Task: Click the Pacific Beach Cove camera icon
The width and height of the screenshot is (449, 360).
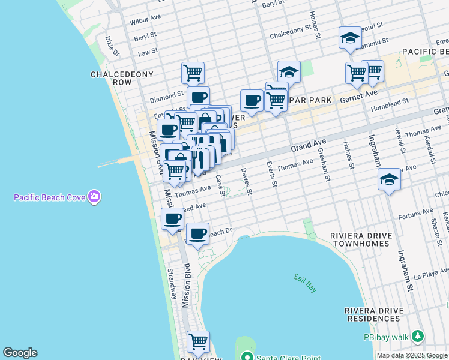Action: pyautogui.click(x=94, y=197)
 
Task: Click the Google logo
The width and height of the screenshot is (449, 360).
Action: pyautogui.click(x=20, y=353)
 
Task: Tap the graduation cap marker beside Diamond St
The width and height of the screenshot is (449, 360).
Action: pyautogui.click(x=350, y=38)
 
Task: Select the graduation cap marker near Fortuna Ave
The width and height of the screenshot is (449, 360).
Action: pyautogui.click(x=389, y=179)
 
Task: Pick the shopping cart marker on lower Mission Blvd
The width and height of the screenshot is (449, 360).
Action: pyautogui.click(x=198, y=341)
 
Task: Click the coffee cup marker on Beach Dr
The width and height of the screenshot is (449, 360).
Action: pyautogui.click(x=197, y=233)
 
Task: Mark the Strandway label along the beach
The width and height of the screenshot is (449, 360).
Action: pyautogui.click(x=171, y=284)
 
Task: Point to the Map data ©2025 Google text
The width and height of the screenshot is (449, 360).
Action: pyautogui.click(x=412, y=355)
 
